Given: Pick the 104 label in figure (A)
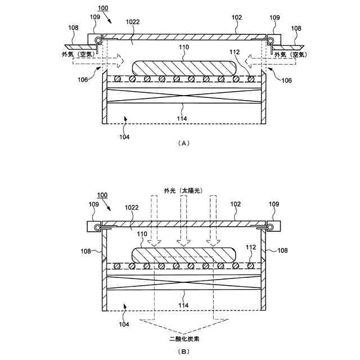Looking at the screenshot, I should pyautogui.click(x=124, y=137).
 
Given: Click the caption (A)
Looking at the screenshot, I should pyautogui.click(x=183, y=143).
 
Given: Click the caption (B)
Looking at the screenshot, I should pyautogui.click(x=183, y=352).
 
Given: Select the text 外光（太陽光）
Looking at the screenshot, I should pyautogui.click(x=183, y=191).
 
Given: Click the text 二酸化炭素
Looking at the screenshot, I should pyautogui.click(x=183, y=339).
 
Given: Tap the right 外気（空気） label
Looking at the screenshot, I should pyautogui.click(x=292, y=54).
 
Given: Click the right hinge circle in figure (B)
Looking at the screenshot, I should pyautogui.click(x=270, y=227).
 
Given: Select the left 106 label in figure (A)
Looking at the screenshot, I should pyautogui.click(x=83, y=80).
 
